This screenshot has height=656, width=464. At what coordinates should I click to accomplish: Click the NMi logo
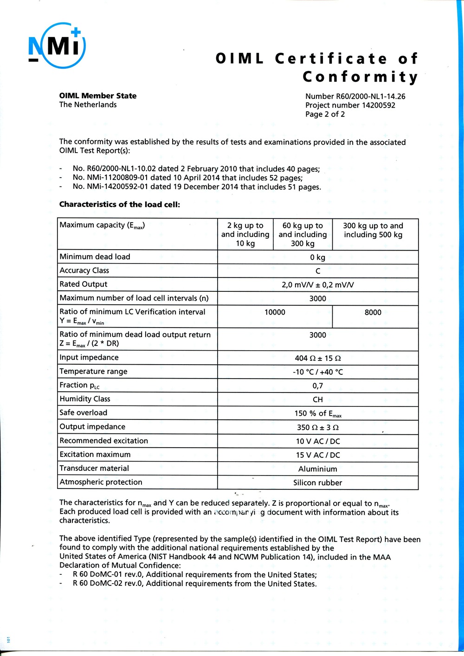click(57, 45)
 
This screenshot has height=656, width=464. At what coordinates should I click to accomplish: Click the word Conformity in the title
click(360, 77)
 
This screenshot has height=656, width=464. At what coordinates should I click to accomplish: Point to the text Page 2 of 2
click(325, 114)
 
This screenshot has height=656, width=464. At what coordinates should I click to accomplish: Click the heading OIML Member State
click(97, 96)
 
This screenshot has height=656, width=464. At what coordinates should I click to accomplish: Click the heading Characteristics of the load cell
click(119, 204)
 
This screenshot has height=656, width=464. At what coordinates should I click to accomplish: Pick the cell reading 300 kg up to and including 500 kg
click(373, 230)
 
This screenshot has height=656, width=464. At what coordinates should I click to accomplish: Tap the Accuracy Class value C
click(318, 271)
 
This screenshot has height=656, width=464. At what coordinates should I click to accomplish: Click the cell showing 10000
click(275, 312)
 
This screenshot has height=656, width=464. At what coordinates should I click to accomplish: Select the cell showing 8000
click(373, 312)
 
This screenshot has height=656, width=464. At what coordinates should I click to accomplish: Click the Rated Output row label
click(84, 284)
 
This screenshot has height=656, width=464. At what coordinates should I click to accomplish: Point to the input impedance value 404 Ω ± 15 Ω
click(318, 358)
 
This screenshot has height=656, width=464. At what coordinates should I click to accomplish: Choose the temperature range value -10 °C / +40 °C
click(318, 372)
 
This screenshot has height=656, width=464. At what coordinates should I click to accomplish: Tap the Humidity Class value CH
click(318, 399)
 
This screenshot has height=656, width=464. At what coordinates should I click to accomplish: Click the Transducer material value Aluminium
click(318, 469)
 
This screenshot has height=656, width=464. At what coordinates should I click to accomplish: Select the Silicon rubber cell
click(318, 482)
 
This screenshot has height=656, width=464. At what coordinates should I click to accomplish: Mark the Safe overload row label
click(84, 412)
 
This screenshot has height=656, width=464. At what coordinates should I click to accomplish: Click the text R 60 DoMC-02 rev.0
click(109, 584)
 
